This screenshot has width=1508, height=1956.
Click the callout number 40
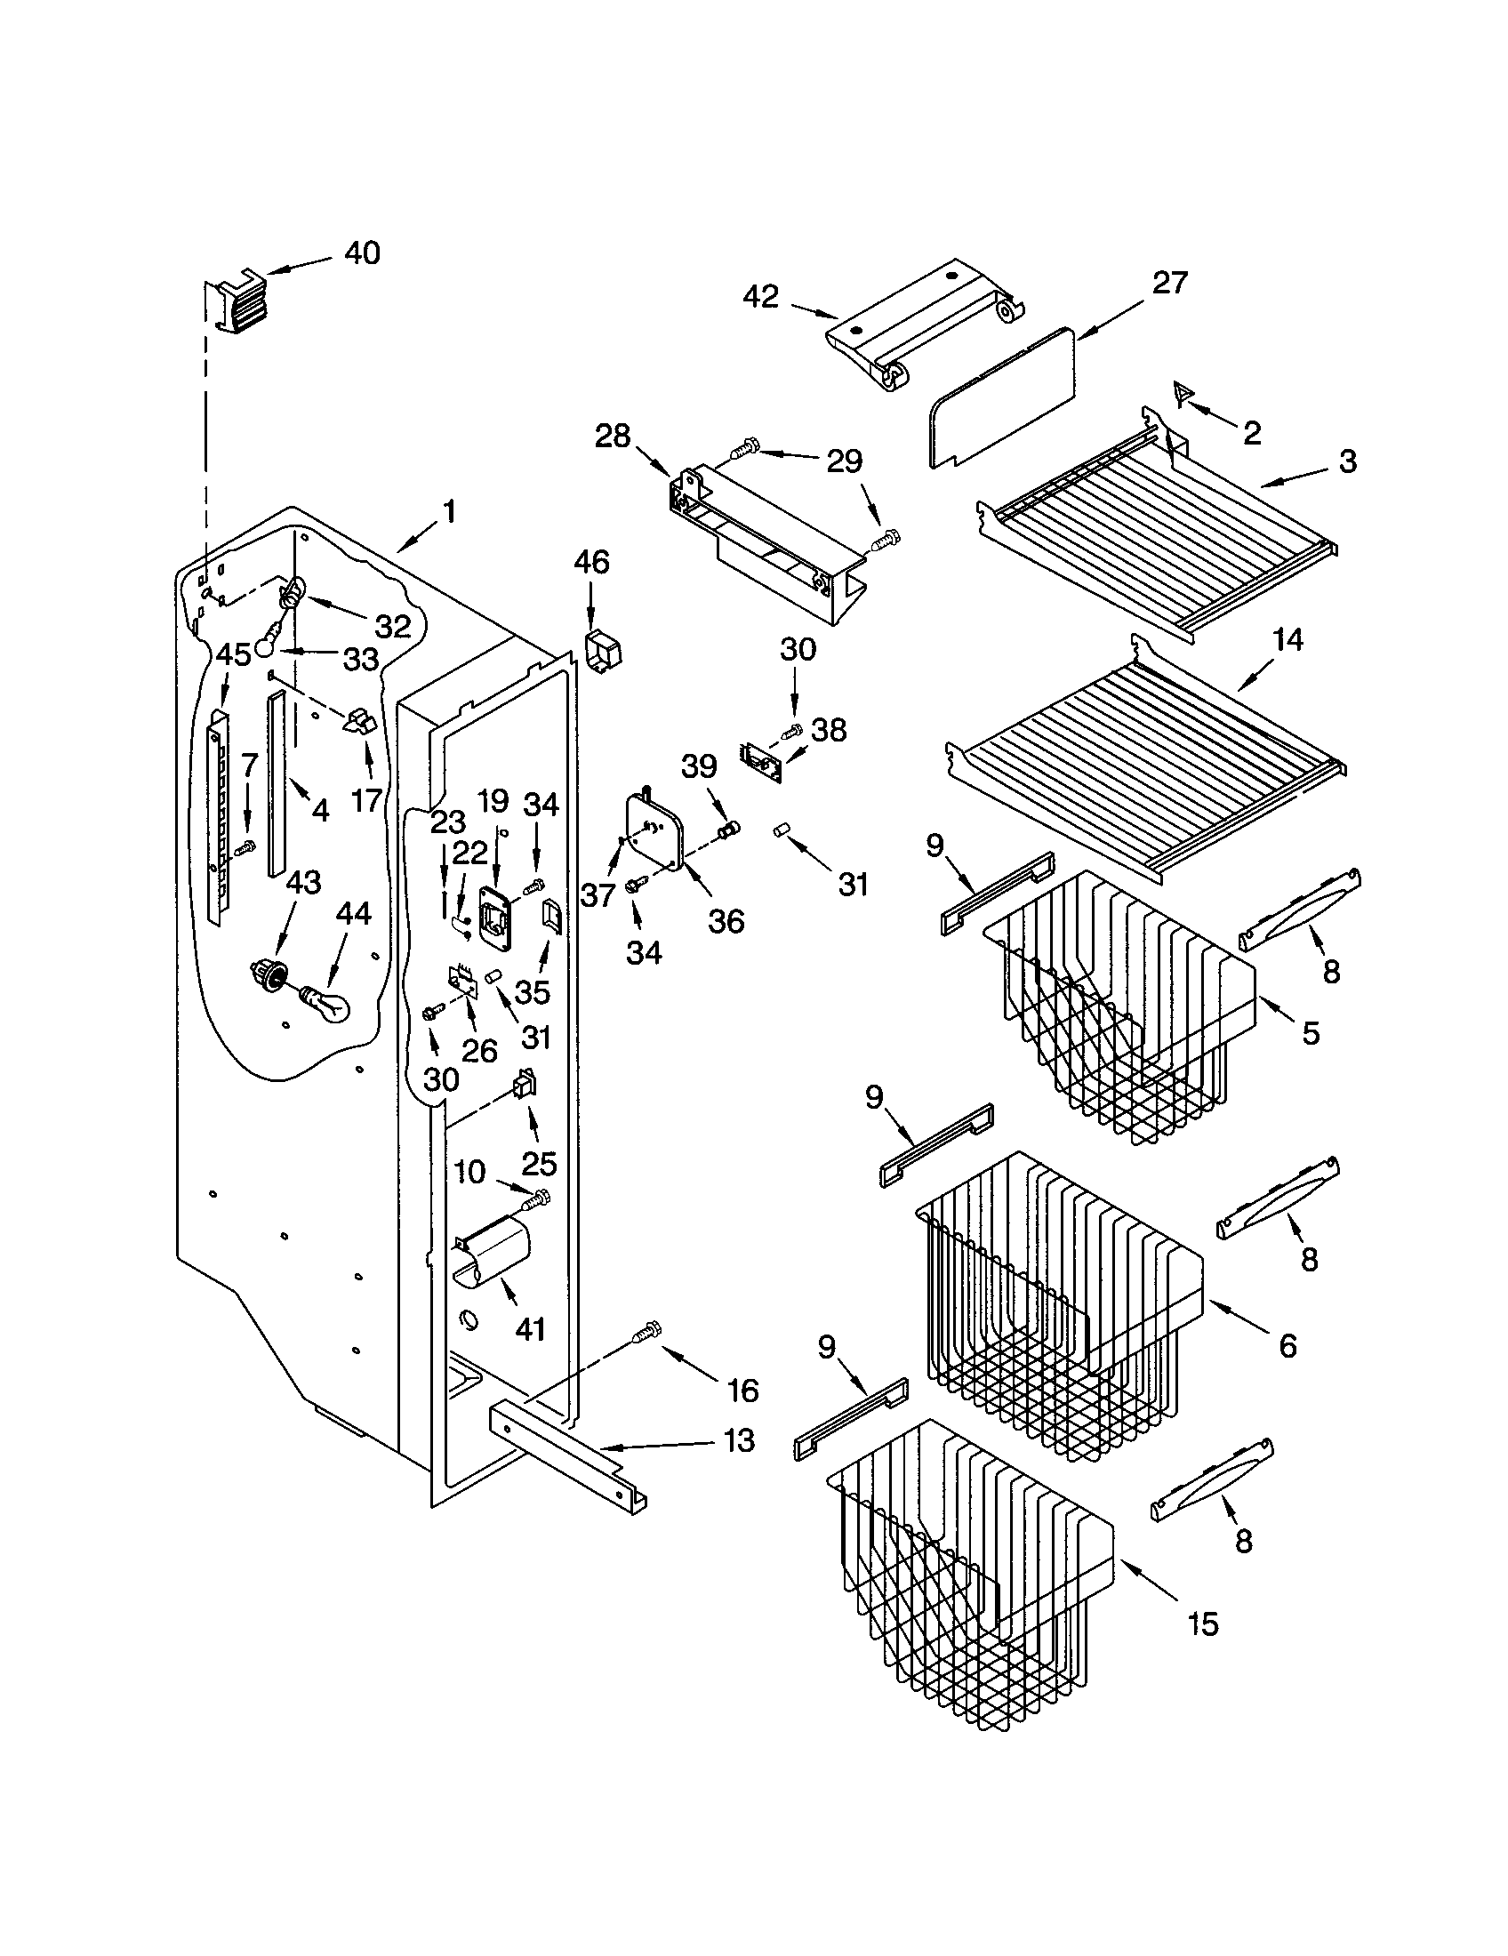click(362, 253)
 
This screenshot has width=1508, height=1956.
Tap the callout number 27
click(1169, 283)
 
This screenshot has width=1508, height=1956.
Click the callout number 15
click(1202, 1623)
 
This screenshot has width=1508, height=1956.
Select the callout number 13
click(738, 1440)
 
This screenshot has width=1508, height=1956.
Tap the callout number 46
click(591, 563)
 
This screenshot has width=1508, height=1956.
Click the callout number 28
click(613, 437)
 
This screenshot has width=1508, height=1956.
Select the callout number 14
click(1285, 640)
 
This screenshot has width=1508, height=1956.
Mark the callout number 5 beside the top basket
click(1310, 1032)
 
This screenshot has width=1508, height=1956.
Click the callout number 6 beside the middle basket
click(1287, 1344)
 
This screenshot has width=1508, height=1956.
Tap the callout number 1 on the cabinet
click(449, 511)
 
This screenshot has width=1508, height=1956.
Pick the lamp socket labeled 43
click(266, 970)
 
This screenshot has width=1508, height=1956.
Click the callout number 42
click(761, 296)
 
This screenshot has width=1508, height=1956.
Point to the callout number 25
click(539, 1163)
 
